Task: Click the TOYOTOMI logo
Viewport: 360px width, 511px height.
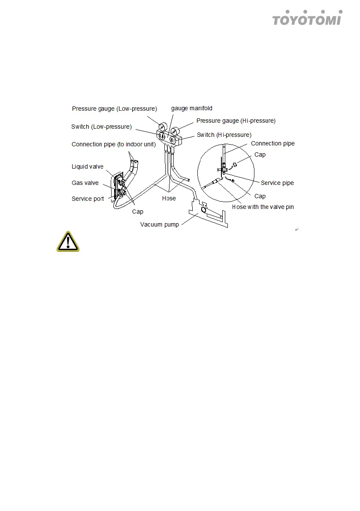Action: [x=307, y=18]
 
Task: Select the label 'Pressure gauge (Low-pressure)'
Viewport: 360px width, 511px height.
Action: [x=115, y=109]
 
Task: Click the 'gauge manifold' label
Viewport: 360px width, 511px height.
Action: [x=192, y=108]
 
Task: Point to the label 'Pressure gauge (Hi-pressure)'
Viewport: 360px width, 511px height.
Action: [x=236, y=121]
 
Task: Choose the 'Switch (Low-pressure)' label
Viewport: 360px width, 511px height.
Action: [x=101, y=127]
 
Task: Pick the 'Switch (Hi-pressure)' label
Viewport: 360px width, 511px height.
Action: [x=224, y=135]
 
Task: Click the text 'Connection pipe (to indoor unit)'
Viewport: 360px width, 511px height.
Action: [x=113, y=145]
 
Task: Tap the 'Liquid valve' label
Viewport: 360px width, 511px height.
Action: [x=87, y=166]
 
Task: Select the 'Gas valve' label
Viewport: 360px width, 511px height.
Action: [x=85, y=183]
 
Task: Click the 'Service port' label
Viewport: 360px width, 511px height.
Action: [x=88, y=199]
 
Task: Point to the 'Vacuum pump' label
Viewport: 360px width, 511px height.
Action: [x=160, y=224]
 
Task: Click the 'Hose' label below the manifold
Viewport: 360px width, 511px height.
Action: [x=169, y=198]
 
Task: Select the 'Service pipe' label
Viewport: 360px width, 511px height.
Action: [x=277, y=183]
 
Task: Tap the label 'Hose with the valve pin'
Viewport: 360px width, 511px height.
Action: [x=263, y=207]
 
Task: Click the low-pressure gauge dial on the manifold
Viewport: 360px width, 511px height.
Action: [x=162, y=127]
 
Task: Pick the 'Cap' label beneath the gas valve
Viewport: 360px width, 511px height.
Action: [x=138, y=212]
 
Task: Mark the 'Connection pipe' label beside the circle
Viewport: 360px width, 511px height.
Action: [x=273, y=143]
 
